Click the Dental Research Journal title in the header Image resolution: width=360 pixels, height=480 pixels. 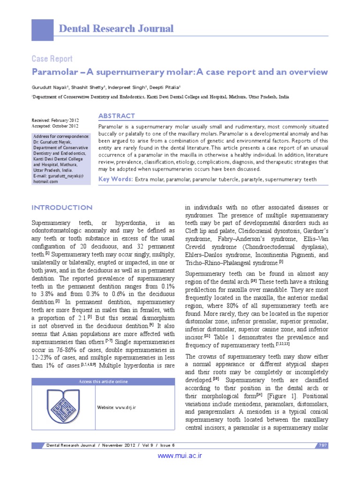116,29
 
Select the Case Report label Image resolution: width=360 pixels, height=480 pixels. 52,59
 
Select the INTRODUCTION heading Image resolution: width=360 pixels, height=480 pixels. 61,208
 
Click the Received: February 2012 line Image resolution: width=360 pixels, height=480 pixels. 55,120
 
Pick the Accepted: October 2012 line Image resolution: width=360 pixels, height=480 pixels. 54,126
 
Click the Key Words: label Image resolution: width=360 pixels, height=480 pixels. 115,179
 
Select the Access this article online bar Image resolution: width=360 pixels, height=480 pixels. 103,382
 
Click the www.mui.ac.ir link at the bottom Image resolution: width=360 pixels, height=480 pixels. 180,455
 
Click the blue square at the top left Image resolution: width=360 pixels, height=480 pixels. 42,29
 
